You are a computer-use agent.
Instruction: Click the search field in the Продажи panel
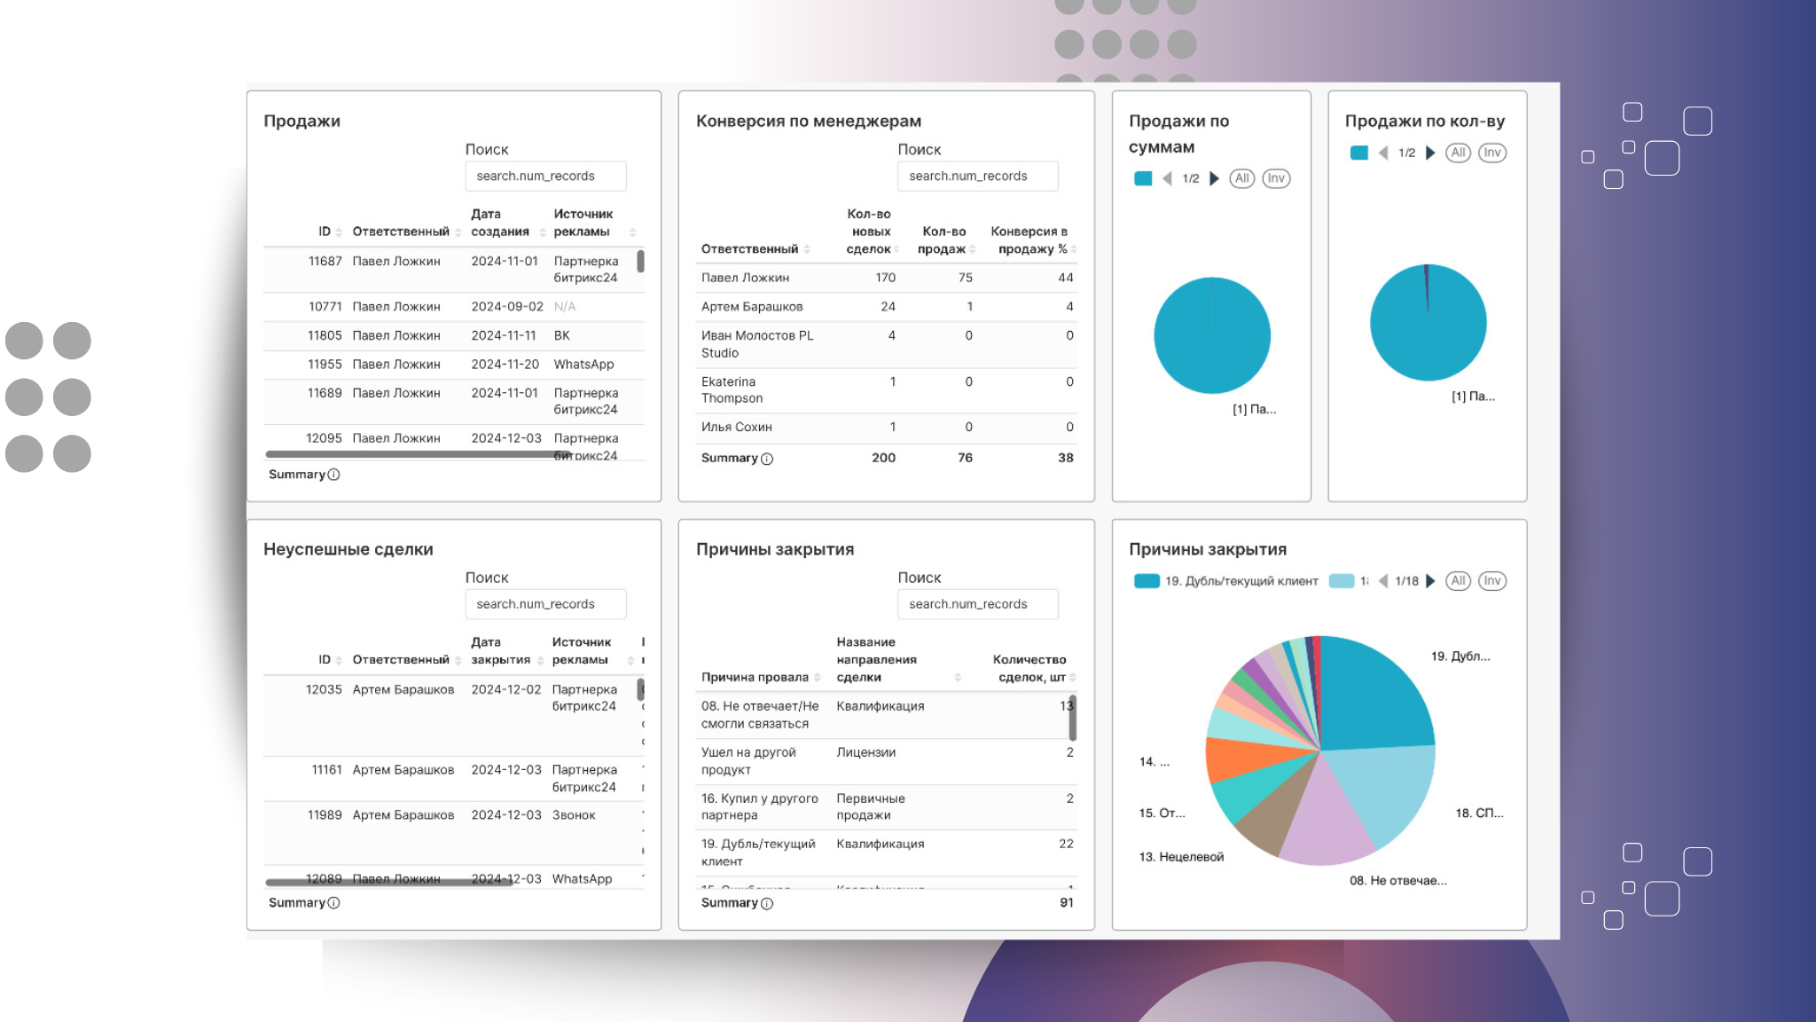coord(545,176)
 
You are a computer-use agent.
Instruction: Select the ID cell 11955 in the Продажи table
coord(325,365)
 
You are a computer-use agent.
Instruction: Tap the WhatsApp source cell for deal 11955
coord(583,365)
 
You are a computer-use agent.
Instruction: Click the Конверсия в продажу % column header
coord(1029,240)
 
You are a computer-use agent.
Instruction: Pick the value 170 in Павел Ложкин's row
coord(885,278)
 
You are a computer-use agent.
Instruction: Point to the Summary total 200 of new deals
coord(883,458)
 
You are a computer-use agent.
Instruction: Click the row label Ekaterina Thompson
coord(732,390)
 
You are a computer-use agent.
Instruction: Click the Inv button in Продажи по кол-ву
coord(1492,153)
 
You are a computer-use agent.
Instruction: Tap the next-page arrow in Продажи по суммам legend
coord(1215,178)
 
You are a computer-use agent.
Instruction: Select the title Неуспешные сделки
coord(348,549)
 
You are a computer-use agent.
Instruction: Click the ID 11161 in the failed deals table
coord(326,770)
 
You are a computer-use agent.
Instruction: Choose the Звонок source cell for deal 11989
coord(574,815)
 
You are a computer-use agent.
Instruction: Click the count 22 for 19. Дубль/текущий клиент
coord(1066,844)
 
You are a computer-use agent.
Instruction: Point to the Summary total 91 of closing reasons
coord(1066,902)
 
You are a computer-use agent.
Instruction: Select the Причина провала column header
coord(755,677)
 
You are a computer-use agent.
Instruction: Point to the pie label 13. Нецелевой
coord(1181,857)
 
